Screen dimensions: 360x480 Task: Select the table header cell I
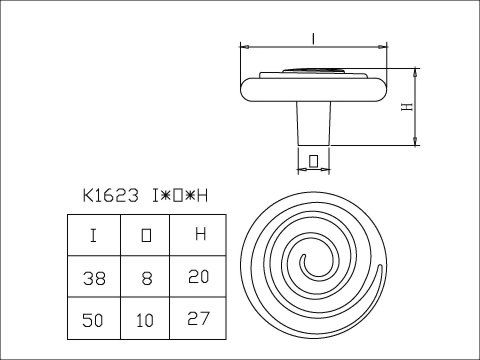[93, 236]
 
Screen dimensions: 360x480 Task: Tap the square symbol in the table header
[147, 237]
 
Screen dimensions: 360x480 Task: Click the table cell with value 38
[93, 281]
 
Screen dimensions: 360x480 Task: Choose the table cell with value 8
[147, 281]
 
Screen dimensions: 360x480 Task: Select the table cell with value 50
[93, 323]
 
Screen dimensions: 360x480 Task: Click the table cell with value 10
[147, 323]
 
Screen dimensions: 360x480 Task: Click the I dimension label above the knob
[314, 38]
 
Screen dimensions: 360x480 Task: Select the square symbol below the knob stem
[314, 158]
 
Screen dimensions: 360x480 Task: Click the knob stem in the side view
[314, 124]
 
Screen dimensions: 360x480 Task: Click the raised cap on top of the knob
[314, 70]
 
